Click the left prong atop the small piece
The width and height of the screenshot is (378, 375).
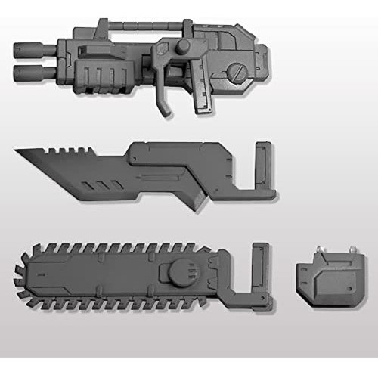[x=305, y=251]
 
